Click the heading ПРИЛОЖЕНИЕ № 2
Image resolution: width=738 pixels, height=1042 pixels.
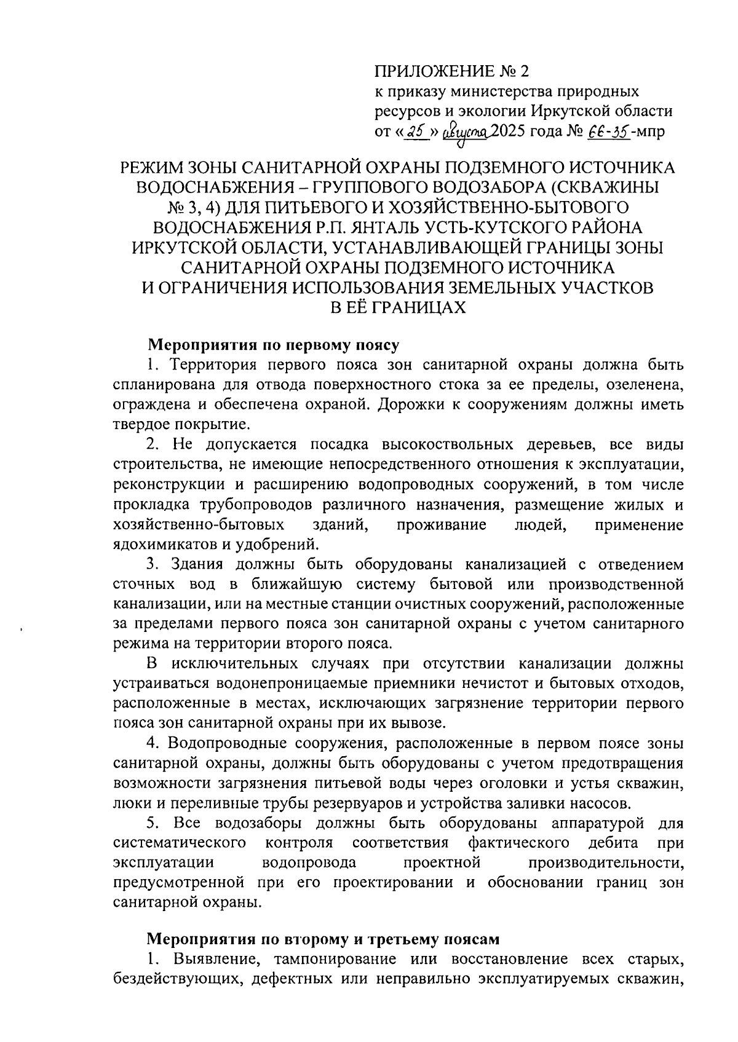tap(451, 72)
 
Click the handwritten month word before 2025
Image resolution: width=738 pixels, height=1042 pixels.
tap(470, 131)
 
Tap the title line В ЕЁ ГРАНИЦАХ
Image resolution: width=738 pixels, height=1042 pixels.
tap(398, 308)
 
